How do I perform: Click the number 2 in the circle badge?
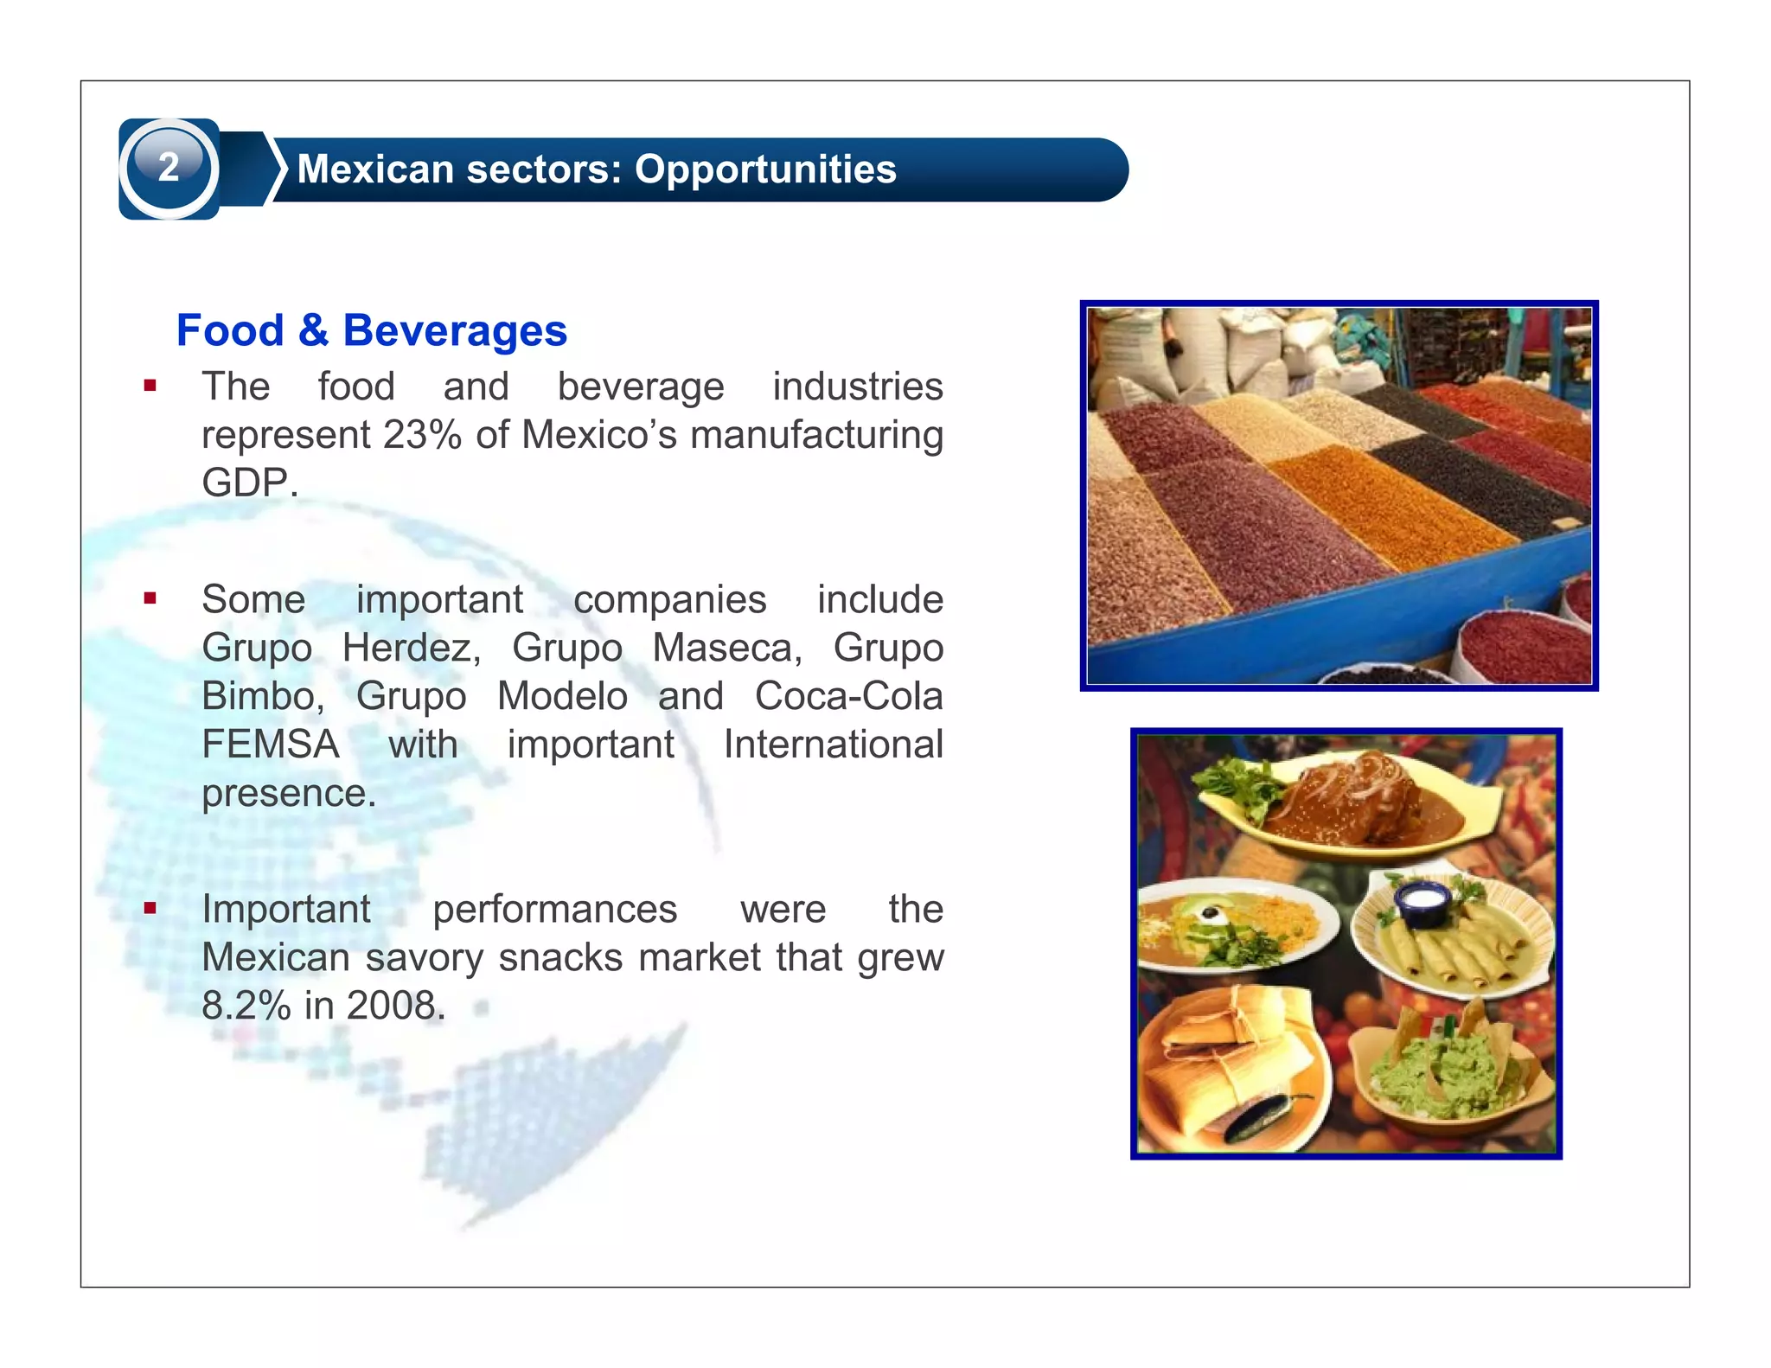click(169, 167)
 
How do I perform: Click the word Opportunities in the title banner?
click(765, 169)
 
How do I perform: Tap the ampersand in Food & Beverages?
click(313, 331)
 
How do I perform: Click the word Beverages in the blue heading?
click(455, 331)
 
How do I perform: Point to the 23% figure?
click(422, 435)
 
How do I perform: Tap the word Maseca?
click(727, 648)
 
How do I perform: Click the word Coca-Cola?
click(848, 696)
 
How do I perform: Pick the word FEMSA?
click(270, 745)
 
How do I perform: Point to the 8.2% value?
click(246, 1006)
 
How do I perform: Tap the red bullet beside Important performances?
click(150, 908)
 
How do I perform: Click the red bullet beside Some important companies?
click(150, 598)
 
